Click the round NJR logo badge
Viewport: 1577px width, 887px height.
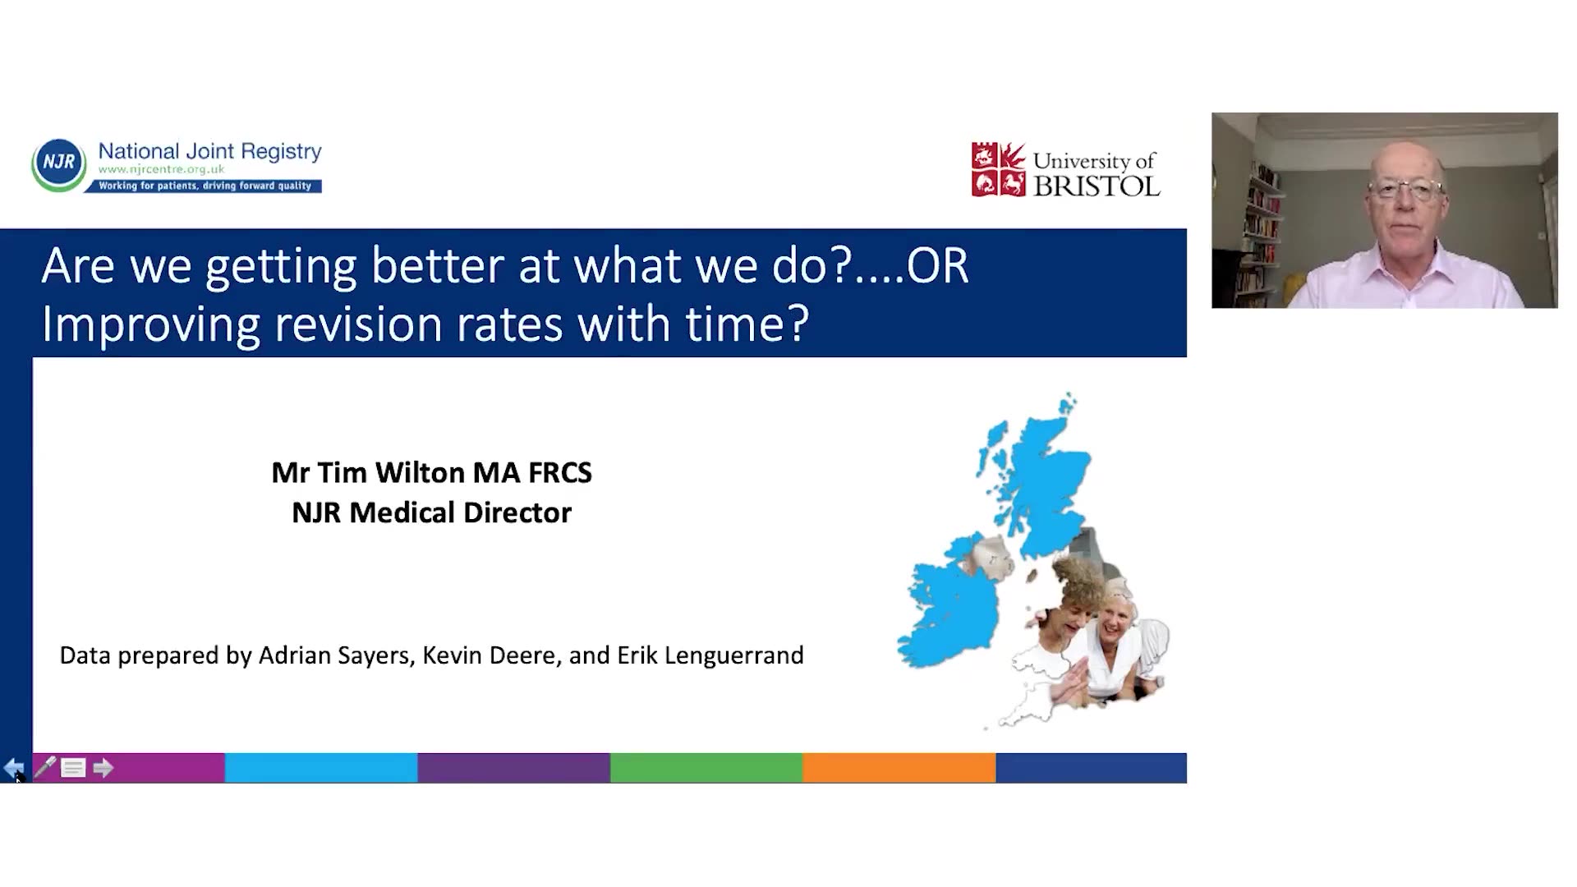tap(58, 164)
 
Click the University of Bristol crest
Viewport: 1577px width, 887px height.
tap(998, 169)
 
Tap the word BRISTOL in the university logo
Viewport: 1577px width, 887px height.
tap(1097, 186)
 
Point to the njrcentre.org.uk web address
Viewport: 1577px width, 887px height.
tap(162, 169)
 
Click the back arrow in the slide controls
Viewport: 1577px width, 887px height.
tap(14, 769)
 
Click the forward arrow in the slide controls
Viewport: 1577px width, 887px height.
tap(103, 769)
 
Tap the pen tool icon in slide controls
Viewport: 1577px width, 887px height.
tap(44, 768)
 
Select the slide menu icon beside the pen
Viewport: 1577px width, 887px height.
tap(73, 769)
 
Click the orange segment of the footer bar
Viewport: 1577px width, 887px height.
tap(899, 768)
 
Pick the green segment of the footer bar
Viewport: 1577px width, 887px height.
tap(706, 768)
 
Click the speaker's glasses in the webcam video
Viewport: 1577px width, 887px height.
tap(1406, 191)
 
